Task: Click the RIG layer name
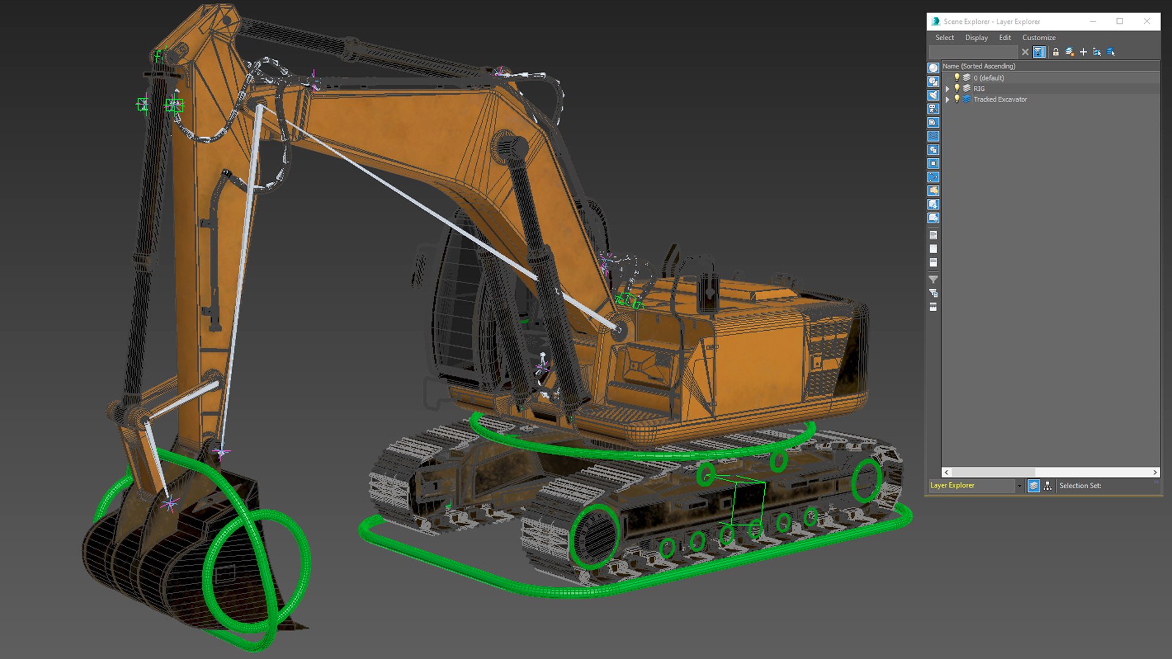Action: [x=979, y=88]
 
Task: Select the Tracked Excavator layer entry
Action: [x=1000, y=99]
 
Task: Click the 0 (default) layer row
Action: [x=988, y=78]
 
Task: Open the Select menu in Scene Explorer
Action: [x=944, y=38]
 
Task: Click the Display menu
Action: [x=976, y=38]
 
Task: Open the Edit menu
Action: [x=1005, y=38]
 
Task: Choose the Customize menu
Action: [x=1038, y=38]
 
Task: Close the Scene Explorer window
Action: [x=1147, y=21]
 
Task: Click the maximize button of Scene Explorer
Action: [x=1120, y=21]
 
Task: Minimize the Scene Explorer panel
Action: [x=1093, y=21]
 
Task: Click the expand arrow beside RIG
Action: [x=947, y=89]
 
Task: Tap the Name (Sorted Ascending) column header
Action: [x=978, y=66]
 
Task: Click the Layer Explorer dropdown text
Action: [x=952, y=486]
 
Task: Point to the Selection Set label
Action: [x=1080, y=486]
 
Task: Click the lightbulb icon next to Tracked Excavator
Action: [x=957, y=99]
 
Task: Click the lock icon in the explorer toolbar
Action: [x=1055, y=52]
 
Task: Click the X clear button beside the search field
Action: [x=1025, y=52]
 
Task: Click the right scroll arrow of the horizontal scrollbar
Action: [x=1155, y=472]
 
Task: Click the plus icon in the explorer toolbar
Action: [x=1083, y=52]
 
